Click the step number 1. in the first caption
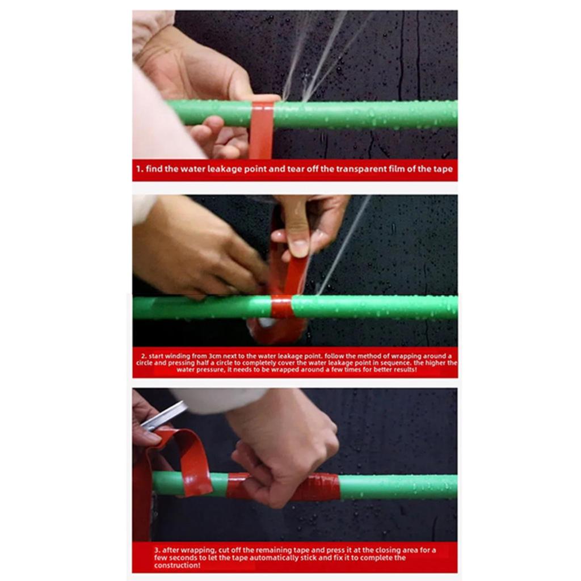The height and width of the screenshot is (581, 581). tap(140, 169)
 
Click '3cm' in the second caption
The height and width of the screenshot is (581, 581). tap(214, 356)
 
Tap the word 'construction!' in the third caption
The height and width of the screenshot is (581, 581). tap(178, 565)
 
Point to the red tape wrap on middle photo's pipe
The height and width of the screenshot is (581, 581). tap(281, 307)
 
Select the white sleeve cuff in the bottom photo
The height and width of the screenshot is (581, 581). tap(218, 400)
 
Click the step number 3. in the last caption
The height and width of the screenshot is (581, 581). tap(158, 550)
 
